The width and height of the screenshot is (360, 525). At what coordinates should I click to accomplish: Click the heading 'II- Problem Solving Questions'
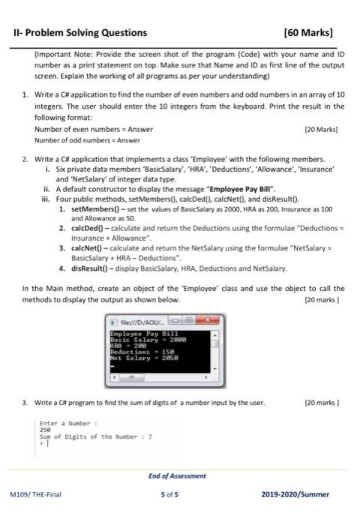tap(81, 33)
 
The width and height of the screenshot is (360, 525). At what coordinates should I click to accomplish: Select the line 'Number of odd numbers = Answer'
tap(87, 139)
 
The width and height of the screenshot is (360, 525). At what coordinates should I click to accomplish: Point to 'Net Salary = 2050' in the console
tap(142, 357)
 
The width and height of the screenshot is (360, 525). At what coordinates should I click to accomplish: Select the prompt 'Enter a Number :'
tap(68, 424)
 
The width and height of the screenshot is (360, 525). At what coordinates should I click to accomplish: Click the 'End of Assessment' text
tap(179, 475)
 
